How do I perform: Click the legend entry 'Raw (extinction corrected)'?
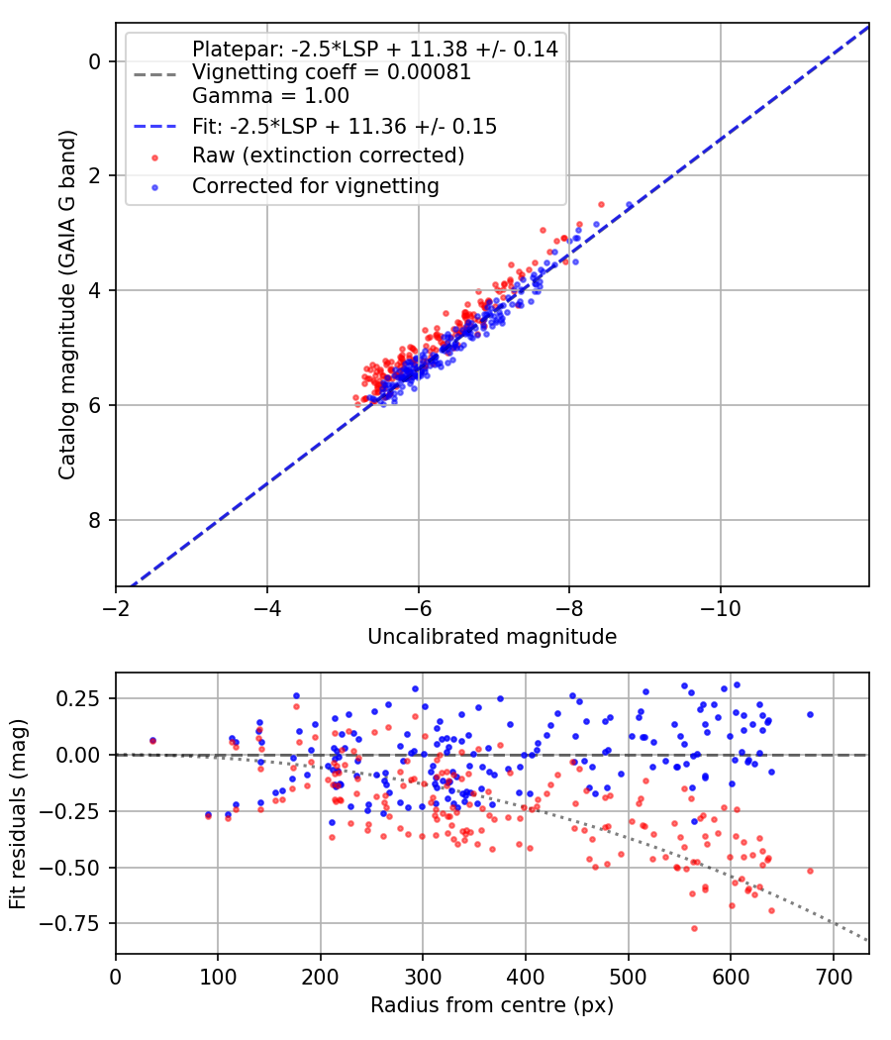click(x=328, y=156)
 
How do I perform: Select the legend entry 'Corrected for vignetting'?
click(x=315, y=185)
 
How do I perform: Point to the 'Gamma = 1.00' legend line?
click(x=270, y=96)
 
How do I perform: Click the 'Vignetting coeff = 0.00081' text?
click(x=331, y=72)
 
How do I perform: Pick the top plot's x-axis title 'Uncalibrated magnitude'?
click(x=492, y=637)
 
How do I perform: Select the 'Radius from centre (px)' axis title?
click(x=492, y=1005)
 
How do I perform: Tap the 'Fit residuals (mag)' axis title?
click(x=18, y=813)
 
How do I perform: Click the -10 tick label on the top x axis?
click(x=720, y=606)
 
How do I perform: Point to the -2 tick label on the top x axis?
click(x=116, y=606)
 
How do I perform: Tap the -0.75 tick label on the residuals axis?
click(x=79, y=924)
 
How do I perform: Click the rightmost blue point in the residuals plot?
click(x=810, y=714)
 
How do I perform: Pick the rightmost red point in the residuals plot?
click(x=810, y=871)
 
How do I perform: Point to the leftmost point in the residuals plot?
click(x=152, y=740)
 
